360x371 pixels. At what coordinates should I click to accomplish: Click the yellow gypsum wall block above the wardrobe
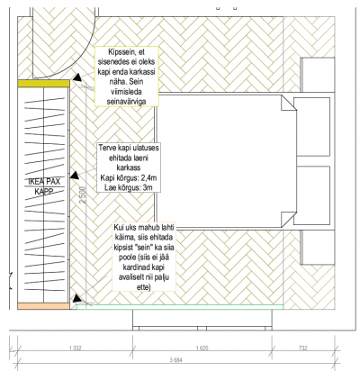point(43,84)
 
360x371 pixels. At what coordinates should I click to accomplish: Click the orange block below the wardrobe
point(43,306)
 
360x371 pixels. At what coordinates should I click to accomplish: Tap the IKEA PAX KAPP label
point(44,186)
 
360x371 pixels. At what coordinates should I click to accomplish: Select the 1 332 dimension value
point(76,348)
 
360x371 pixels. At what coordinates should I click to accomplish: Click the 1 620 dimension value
point(202,348)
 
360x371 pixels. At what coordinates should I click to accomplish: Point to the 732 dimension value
point(303,348)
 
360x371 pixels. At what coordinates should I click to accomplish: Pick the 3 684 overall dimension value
point(176,360)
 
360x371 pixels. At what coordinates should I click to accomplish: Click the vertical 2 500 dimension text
point(83,195)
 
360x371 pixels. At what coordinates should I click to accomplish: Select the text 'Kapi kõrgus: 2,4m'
point(129,178)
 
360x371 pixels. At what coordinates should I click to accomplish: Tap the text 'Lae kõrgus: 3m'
point(129,188)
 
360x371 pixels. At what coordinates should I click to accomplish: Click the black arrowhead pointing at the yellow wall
point(77,78)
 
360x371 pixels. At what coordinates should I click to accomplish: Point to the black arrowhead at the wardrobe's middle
point(75,176)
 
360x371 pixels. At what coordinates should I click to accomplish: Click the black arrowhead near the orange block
point(76,298)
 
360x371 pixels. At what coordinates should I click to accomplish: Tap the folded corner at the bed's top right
point(289,103)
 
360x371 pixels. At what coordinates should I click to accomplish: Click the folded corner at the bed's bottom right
point(289,220)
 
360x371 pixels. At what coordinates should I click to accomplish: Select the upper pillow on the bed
point(311,127)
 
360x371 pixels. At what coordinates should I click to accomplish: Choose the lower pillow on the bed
point(311,195)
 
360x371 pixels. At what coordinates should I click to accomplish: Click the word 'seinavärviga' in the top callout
point(127,102)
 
